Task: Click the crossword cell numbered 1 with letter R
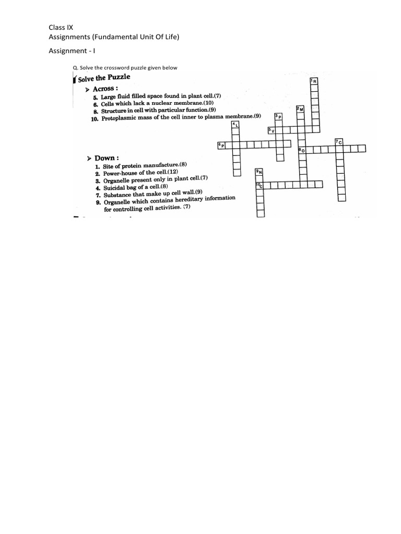(314, 81)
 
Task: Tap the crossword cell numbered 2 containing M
(300, 109)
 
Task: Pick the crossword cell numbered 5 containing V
(272, 130)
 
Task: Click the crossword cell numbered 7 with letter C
(339, 142)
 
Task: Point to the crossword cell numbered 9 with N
(260, 172)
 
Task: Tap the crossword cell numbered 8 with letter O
(301, 150)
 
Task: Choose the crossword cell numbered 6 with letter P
(222, 145)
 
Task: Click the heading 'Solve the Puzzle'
(104, 78)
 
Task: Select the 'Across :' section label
(105, 89)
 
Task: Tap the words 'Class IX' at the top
(62, 27)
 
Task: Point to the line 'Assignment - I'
(72, 51)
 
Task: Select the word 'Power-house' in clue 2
(121, 173)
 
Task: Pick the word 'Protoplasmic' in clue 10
(121, 118)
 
